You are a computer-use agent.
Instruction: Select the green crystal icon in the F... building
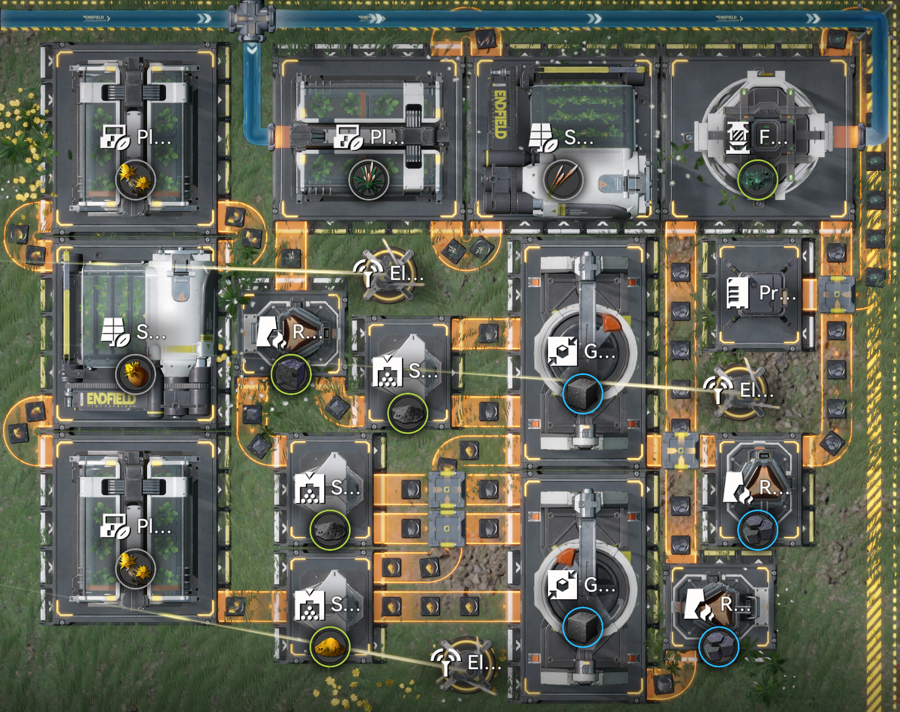tap(757, 180)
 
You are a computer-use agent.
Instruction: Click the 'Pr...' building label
tap(777, 293)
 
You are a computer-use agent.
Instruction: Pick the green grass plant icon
tap(368, 180)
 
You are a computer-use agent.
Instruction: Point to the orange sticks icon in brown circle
tap(563, 179)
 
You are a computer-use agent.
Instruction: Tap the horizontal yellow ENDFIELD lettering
tap(111, 399)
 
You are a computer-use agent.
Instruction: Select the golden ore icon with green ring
tap(330, 647)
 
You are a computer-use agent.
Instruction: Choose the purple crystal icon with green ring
tap(291, 374)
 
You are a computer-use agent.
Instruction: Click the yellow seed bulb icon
tap(136, 374)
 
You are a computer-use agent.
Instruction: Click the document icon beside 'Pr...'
tap(737, 293)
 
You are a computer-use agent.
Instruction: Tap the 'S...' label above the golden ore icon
tap(345, 604)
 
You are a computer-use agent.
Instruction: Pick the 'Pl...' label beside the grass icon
tap(387, 137)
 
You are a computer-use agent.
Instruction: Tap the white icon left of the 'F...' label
tap(738, 138)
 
